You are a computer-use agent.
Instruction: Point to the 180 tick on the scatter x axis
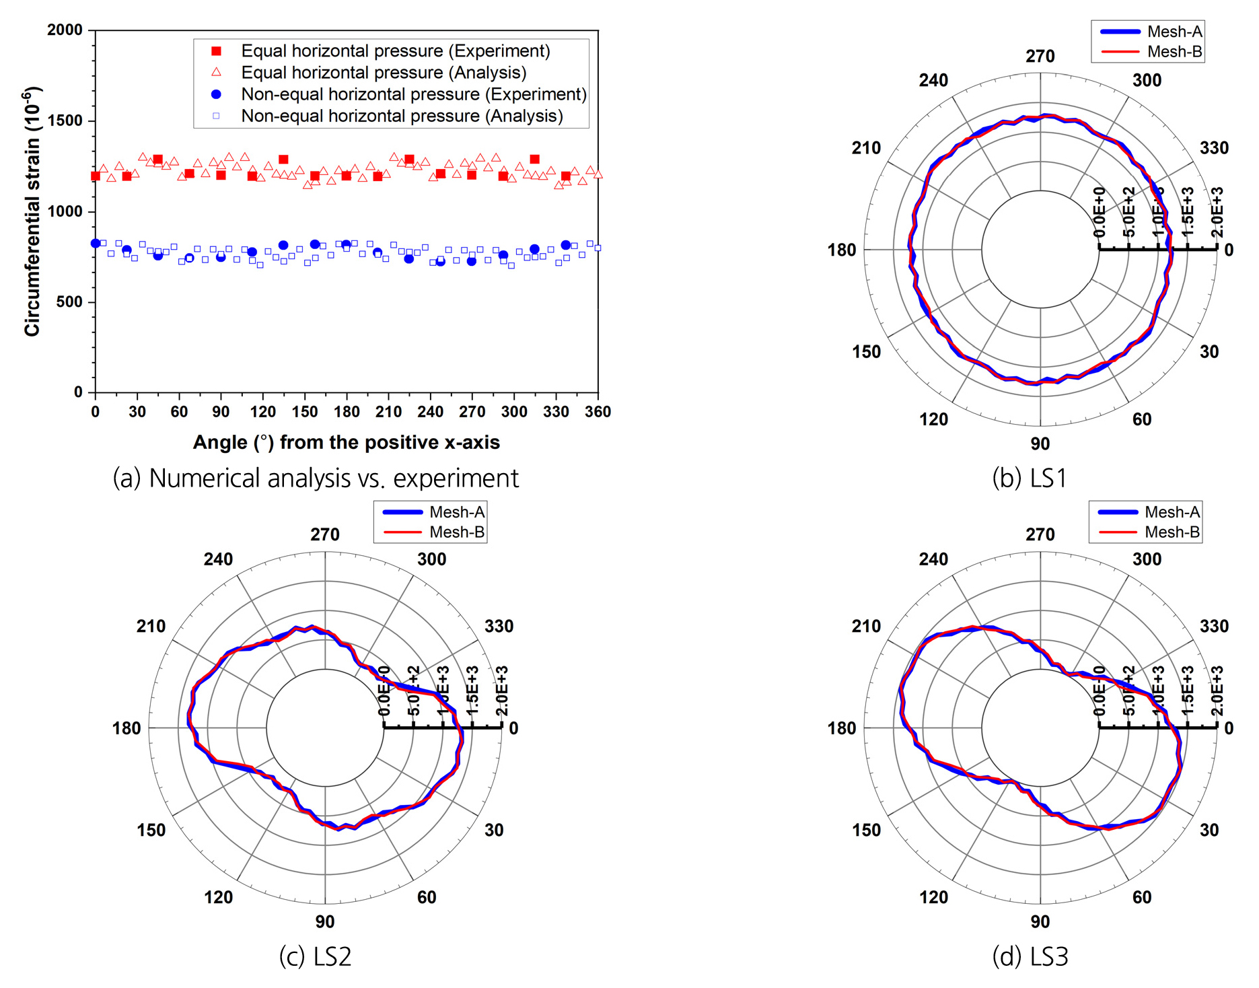point(347,412)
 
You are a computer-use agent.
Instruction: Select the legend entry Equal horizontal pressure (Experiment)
point(395,51)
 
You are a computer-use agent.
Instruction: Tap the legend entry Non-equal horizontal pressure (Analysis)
point(402,116)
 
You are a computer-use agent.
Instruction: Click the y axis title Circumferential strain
point(32,211)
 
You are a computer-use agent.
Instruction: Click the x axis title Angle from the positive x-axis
point(346,442)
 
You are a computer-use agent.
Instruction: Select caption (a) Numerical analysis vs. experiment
point(316,478)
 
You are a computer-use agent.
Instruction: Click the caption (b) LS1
point(1030,478)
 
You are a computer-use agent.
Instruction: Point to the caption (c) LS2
point(315,956)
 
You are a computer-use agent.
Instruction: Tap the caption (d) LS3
point(1030,956)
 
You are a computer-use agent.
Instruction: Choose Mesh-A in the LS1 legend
point(1174,32)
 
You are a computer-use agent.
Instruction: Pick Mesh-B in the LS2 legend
point(457,532)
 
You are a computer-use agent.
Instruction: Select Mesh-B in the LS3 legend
point(1172,532)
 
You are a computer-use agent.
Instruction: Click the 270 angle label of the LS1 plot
point(1040,57)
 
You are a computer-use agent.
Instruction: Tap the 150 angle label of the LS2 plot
point(151,830)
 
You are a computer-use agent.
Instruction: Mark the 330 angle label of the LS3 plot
point(1214,627)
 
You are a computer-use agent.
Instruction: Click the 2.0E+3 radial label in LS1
point(1217,213)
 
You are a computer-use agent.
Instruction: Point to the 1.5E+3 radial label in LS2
point(472,691)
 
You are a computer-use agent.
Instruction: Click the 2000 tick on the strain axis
point(65,30)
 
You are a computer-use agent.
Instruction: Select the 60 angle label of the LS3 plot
point(1142,897)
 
